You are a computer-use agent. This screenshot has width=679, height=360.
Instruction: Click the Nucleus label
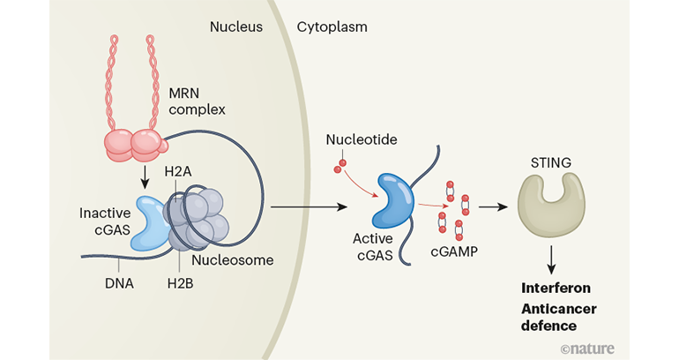pos(236,26)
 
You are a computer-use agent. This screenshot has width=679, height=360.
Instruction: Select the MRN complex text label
pos(201,100)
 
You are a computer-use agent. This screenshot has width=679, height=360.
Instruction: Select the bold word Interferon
pos(556,288)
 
